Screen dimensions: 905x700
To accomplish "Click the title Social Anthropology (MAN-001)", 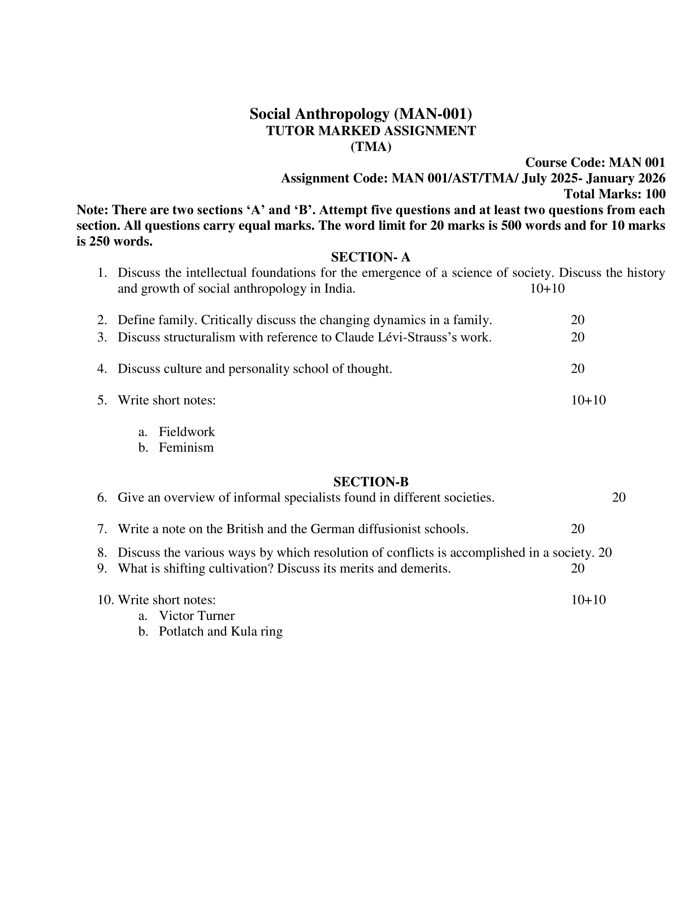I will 360,114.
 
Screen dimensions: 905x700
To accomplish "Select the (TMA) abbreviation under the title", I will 371,147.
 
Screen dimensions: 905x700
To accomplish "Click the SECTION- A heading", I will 370,258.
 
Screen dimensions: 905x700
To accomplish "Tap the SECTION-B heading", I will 371,482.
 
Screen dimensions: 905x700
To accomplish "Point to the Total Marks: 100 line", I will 615,194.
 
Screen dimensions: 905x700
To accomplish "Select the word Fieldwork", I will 187,432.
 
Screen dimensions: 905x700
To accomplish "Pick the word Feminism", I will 186,448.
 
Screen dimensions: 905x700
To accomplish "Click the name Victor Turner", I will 196,615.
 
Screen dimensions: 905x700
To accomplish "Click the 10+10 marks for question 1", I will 547,289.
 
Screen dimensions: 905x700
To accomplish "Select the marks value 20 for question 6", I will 619,497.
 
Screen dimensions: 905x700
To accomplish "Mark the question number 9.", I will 102,568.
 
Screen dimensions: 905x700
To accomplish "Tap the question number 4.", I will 102,369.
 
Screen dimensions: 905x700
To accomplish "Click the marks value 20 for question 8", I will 605,553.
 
